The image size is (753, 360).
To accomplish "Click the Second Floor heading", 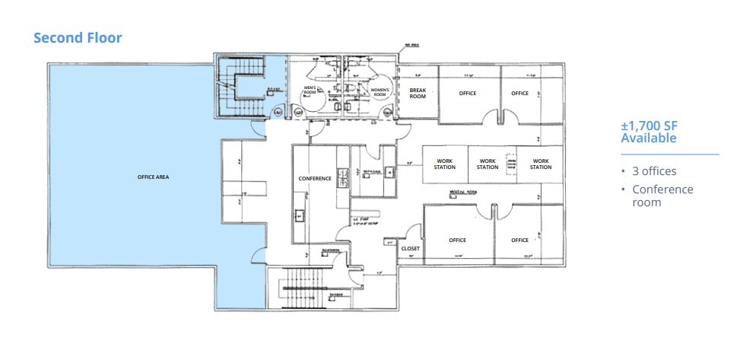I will coord(78,37).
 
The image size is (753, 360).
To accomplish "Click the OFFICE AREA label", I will coord(153,177).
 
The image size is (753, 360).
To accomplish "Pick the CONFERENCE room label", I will coord(315,179).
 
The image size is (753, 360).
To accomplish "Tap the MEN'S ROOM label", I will coord(310,91).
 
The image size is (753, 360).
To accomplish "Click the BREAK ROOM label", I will coord(418,92).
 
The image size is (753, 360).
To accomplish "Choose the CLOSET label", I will coord(411,248).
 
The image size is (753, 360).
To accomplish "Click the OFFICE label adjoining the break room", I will coord(467,94).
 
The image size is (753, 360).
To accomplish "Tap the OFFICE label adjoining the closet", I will coord(457,241).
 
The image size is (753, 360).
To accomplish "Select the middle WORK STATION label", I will coord(488,164).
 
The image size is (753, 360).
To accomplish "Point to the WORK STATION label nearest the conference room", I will coord(444,164).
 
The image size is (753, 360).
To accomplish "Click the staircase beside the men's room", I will coord(241,85).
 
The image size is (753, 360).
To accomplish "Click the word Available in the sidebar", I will coord(648,139).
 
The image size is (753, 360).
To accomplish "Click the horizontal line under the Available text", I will coord(669,155).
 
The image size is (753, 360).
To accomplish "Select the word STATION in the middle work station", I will coord(488,167).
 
